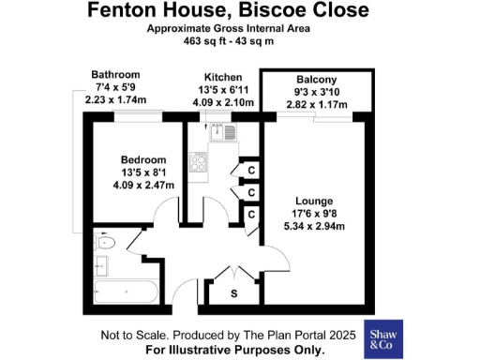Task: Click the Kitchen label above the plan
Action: coord(223,77)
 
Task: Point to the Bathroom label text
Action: coord(115,75)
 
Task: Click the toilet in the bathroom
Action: coord(105,243)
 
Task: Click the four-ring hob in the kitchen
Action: coord(199,164)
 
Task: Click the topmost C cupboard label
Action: coord(250,170)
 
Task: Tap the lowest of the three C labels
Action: coord(250,215)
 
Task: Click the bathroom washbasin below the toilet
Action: coord(101,266)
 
